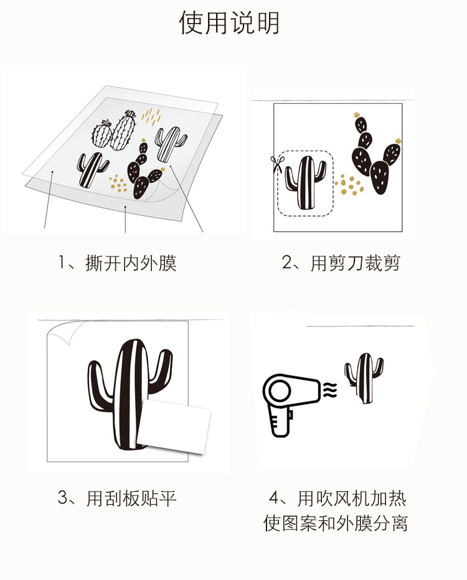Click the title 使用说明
coord(229,23)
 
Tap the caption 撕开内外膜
coord(131,263)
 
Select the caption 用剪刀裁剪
coord(356,263)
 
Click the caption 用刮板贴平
coord(131,498)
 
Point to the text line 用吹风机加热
coord(352,498)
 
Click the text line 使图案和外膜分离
coord(335,523)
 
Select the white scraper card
coord(173,426)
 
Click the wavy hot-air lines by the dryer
coord(330,390)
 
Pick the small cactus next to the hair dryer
coord(363,378)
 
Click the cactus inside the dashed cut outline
coord(306,182)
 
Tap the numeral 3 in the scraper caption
coord(63,498)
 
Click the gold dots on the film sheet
coord(118,182)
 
